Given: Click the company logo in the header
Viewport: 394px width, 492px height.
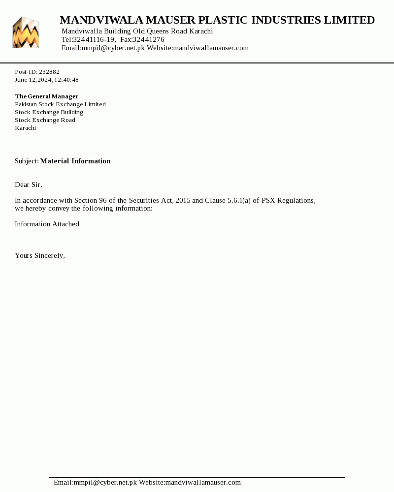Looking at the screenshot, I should click(26, 32).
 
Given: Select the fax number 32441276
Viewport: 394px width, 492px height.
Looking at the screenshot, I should click(148, 39).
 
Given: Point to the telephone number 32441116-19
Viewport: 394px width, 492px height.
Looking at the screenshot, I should click(95, 39).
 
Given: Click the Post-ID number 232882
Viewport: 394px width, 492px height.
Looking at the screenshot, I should click(49, 72).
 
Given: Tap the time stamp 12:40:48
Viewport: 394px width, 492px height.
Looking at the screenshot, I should click(66, 80).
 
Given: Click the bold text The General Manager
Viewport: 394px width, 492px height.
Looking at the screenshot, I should click(46, 96).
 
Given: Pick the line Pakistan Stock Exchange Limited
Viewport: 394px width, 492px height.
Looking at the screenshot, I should click(60, 104).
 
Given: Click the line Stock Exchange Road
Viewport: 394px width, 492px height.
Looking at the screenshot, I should click(45, 120).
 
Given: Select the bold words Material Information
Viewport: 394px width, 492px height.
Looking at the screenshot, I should click(75, 161).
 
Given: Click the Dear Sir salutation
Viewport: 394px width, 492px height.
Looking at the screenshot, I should click(29, 184).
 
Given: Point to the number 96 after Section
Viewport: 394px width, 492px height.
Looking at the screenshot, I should click(103, 200).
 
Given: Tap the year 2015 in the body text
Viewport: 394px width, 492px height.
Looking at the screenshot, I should click(182, 200).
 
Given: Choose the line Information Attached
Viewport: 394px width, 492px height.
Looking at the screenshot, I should click(47, 224).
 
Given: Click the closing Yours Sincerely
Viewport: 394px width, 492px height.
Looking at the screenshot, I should click(40, 255).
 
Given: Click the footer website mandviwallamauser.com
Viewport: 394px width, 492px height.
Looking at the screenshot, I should click(203, 482).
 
